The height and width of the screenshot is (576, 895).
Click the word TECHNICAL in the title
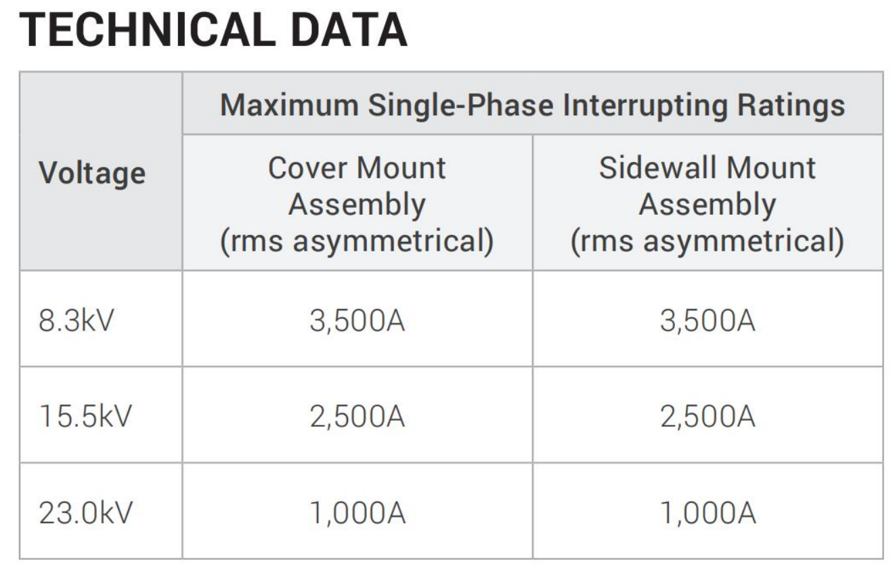[x=148, y=30]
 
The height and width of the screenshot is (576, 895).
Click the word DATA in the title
[x=349, y=30]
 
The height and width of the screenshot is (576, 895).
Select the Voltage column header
[x=92, y=174]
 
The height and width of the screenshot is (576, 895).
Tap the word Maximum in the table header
[x=289, y=105]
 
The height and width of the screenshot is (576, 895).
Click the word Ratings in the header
[x=791, y=106]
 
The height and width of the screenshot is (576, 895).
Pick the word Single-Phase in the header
[x=460, y=106]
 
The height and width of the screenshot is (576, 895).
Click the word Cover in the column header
[x=307, y=168]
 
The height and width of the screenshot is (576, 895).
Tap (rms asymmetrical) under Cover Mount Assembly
[x=357, y=241]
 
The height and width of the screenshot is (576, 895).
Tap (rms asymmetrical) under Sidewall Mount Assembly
[x=707, y=241]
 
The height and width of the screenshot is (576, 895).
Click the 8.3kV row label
[x=77, y=321]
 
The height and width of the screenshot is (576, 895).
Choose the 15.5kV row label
[x=85, y=416]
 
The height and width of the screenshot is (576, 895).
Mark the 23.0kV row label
[x=85, y=512]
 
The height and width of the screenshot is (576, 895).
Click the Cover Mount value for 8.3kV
[x=357, y=321]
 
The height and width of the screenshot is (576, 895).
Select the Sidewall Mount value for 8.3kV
[x=707, y=321]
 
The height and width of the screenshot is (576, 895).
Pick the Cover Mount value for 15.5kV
[x=357, y=417]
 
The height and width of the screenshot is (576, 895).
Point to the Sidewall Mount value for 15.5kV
[x=707, y=417]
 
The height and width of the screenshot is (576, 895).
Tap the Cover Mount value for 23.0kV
[x=358, y=513]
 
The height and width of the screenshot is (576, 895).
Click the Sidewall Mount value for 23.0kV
[x=708, y=513]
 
